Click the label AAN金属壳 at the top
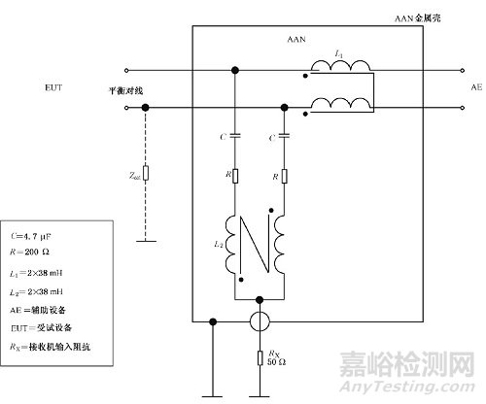(x=416, y=18)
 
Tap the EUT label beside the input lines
(x=53, y=87)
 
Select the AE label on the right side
(x=475, y=87)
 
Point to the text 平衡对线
(x=124, y=89)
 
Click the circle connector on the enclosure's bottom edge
(x=259, y=320)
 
